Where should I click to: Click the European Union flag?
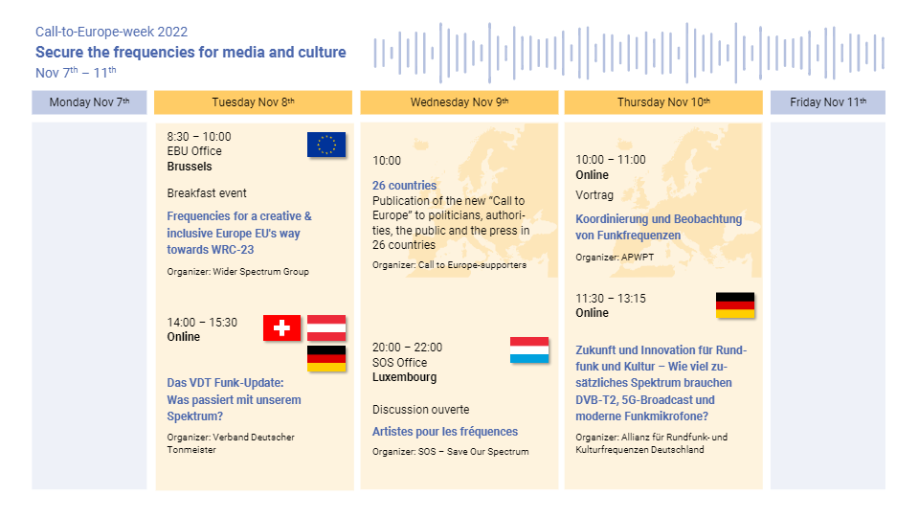coord(326,145)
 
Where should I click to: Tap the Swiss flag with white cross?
coord(281,327)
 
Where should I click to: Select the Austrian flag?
coord(326,327)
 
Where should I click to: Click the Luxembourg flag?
coord(529,350)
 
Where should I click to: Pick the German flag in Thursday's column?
coord(735,305)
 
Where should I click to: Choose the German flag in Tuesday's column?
coord(326,359)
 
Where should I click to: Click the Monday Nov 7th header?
coord(89,102)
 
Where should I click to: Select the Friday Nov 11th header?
coord(827,102)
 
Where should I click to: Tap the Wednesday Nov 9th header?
coord(459,102)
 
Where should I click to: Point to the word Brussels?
coord(190,167)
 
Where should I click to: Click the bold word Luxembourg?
coord(404,377)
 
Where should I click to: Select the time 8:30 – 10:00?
coord(199,137)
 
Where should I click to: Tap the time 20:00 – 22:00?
coord(408,347)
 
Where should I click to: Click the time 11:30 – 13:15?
coord(611,299)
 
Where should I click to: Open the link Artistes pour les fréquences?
coord(445,432)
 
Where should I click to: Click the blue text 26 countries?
coord(404,185)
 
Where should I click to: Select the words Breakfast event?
coord(207,193)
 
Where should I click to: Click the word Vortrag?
coord(594,195)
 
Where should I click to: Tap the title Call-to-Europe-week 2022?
coord(111,32)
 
